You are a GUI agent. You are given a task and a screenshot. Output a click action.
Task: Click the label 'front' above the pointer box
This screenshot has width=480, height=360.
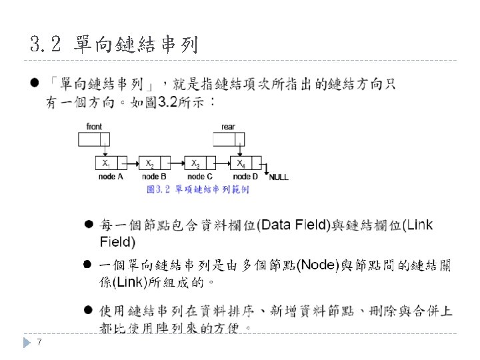coord(94,127)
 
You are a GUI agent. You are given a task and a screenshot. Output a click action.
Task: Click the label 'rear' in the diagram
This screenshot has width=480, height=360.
coord(228,127)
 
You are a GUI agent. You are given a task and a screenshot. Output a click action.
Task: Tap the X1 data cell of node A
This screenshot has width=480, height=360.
coord(105,163)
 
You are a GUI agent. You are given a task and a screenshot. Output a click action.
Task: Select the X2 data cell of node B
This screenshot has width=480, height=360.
coord(151,163)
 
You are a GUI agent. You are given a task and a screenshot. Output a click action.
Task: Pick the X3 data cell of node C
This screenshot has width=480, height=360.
coord(195,163)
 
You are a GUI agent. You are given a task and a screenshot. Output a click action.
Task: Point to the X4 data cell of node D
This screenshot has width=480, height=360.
coord(240,163)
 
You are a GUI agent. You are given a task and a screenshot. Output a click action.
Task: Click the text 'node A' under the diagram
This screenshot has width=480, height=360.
coord(111,177)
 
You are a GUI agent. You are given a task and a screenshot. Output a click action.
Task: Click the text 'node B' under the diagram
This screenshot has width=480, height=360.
coord(155,177)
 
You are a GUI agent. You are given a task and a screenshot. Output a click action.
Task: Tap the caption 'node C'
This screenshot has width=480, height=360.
coord(200,177)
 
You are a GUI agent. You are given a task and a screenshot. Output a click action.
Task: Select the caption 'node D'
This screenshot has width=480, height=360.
coord(245,177)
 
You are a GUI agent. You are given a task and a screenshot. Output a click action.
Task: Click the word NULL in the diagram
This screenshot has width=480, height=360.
coord(279,177)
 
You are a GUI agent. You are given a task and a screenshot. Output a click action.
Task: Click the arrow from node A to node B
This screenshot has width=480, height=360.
coord(132,163)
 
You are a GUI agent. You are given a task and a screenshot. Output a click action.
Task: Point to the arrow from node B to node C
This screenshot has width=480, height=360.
coord(177,163)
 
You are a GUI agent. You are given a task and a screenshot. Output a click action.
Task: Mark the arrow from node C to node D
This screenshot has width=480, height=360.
coord(221,163)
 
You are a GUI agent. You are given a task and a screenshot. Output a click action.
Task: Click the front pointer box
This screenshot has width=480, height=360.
coord(94,139)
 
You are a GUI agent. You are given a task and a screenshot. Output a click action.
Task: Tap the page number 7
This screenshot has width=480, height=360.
coord(40,342)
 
